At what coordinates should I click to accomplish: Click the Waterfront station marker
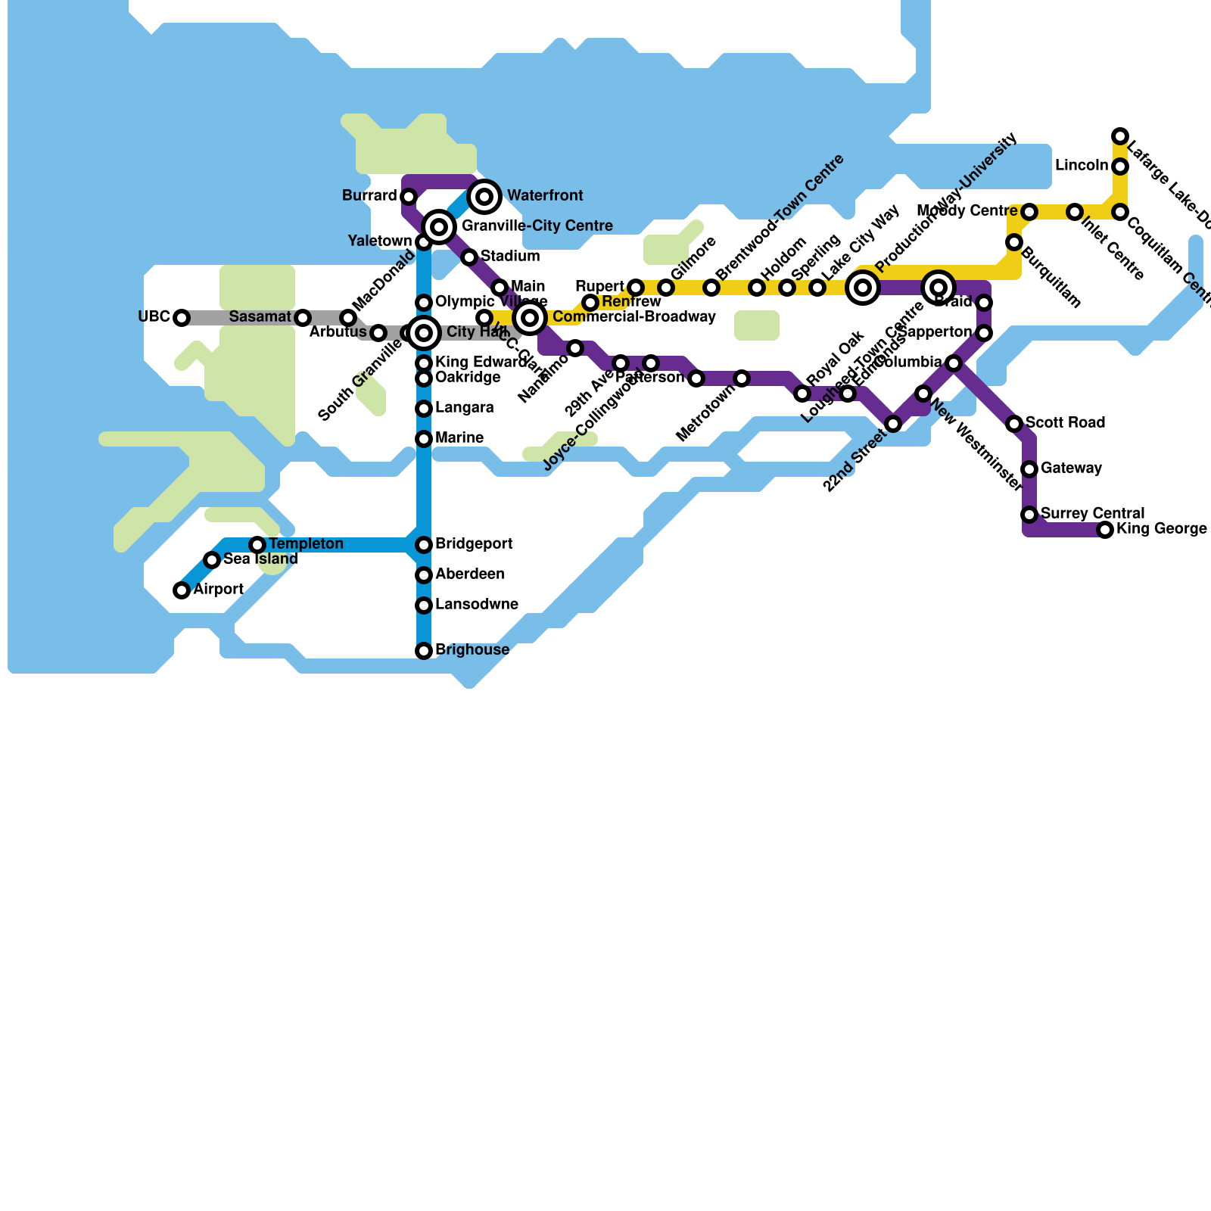tap(484, 197)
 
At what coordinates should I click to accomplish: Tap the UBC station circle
tap(182, 318)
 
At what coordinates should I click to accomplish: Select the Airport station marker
tap(182, 590)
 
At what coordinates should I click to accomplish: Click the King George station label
tap(1161, 529)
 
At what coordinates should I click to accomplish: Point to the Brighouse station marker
tap(424, 651)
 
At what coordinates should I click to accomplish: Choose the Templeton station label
tap(306, 544)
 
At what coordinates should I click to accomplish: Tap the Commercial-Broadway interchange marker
tap(530, 318)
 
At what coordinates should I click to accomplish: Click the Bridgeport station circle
tap(424, 545)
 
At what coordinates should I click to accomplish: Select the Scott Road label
tap(1065, 422)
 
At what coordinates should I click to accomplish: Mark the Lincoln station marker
tap(1120, 167)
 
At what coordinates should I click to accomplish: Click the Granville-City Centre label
tap(537, 226)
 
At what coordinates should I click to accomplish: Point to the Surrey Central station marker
tap(1029, 515)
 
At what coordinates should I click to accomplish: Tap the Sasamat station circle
tap(303, 318)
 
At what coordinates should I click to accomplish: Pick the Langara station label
tap(464, 408)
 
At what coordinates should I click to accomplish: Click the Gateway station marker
tap(1029, 469)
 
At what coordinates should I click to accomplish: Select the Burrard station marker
tap(409, 197)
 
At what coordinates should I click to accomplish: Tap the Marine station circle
tap(424, 439)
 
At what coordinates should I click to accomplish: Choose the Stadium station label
tap(509, 256)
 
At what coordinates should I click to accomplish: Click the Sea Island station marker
tap(212, 560)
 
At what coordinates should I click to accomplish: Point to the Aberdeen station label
tap(469, 574)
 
